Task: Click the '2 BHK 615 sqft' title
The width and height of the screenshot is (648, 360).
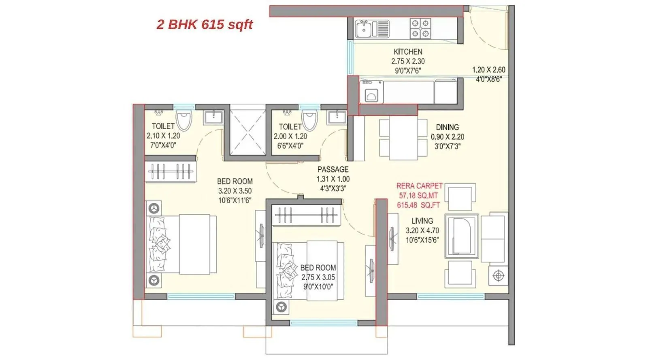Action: [x=205, y=25]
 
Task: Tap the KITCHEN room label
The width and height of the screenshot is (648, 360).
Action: [x=408, y=52]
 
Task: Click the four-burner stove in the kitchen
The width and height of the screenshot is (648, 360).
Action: [x=420, y=28]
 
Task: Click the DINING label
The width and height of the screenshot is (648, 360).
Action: [x=447, y=127]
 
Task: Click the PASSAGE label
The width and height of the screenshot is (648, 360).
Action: [x=333, y=169]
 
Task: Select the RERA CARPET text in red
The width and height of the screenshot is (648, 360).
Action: [x=419, y=186]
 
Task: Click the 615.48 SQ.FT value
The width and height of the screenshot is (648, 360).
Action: [x=418, y=205]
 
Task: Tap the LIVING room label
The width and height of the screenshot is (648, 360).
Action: [x=422, y=221]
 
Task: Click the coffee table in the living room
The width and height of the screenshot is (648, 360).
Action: [x=461, y=236]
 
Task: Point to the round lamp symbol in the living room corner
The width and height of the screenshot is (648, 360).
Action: [x=499, y=276]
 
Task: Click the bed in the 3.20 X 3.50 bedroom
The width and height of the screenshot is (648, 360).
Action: [x=182, y=244]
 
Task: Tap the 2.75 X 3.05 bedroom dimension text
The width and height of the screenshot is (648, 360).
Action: [x=318, y=277]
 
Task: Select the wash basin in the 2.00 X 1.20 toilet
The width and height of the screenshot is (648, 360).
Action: [x=337, y=117]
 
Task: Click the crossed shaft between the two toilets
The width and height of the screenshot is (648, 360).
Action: [x=247, y=130]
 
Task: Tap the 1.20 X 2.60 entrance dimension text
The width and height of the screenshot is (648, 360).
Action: [x=488, y=70]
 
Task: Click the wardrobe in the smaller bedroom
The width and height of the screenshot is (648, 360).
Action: [x=305, y=215]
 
